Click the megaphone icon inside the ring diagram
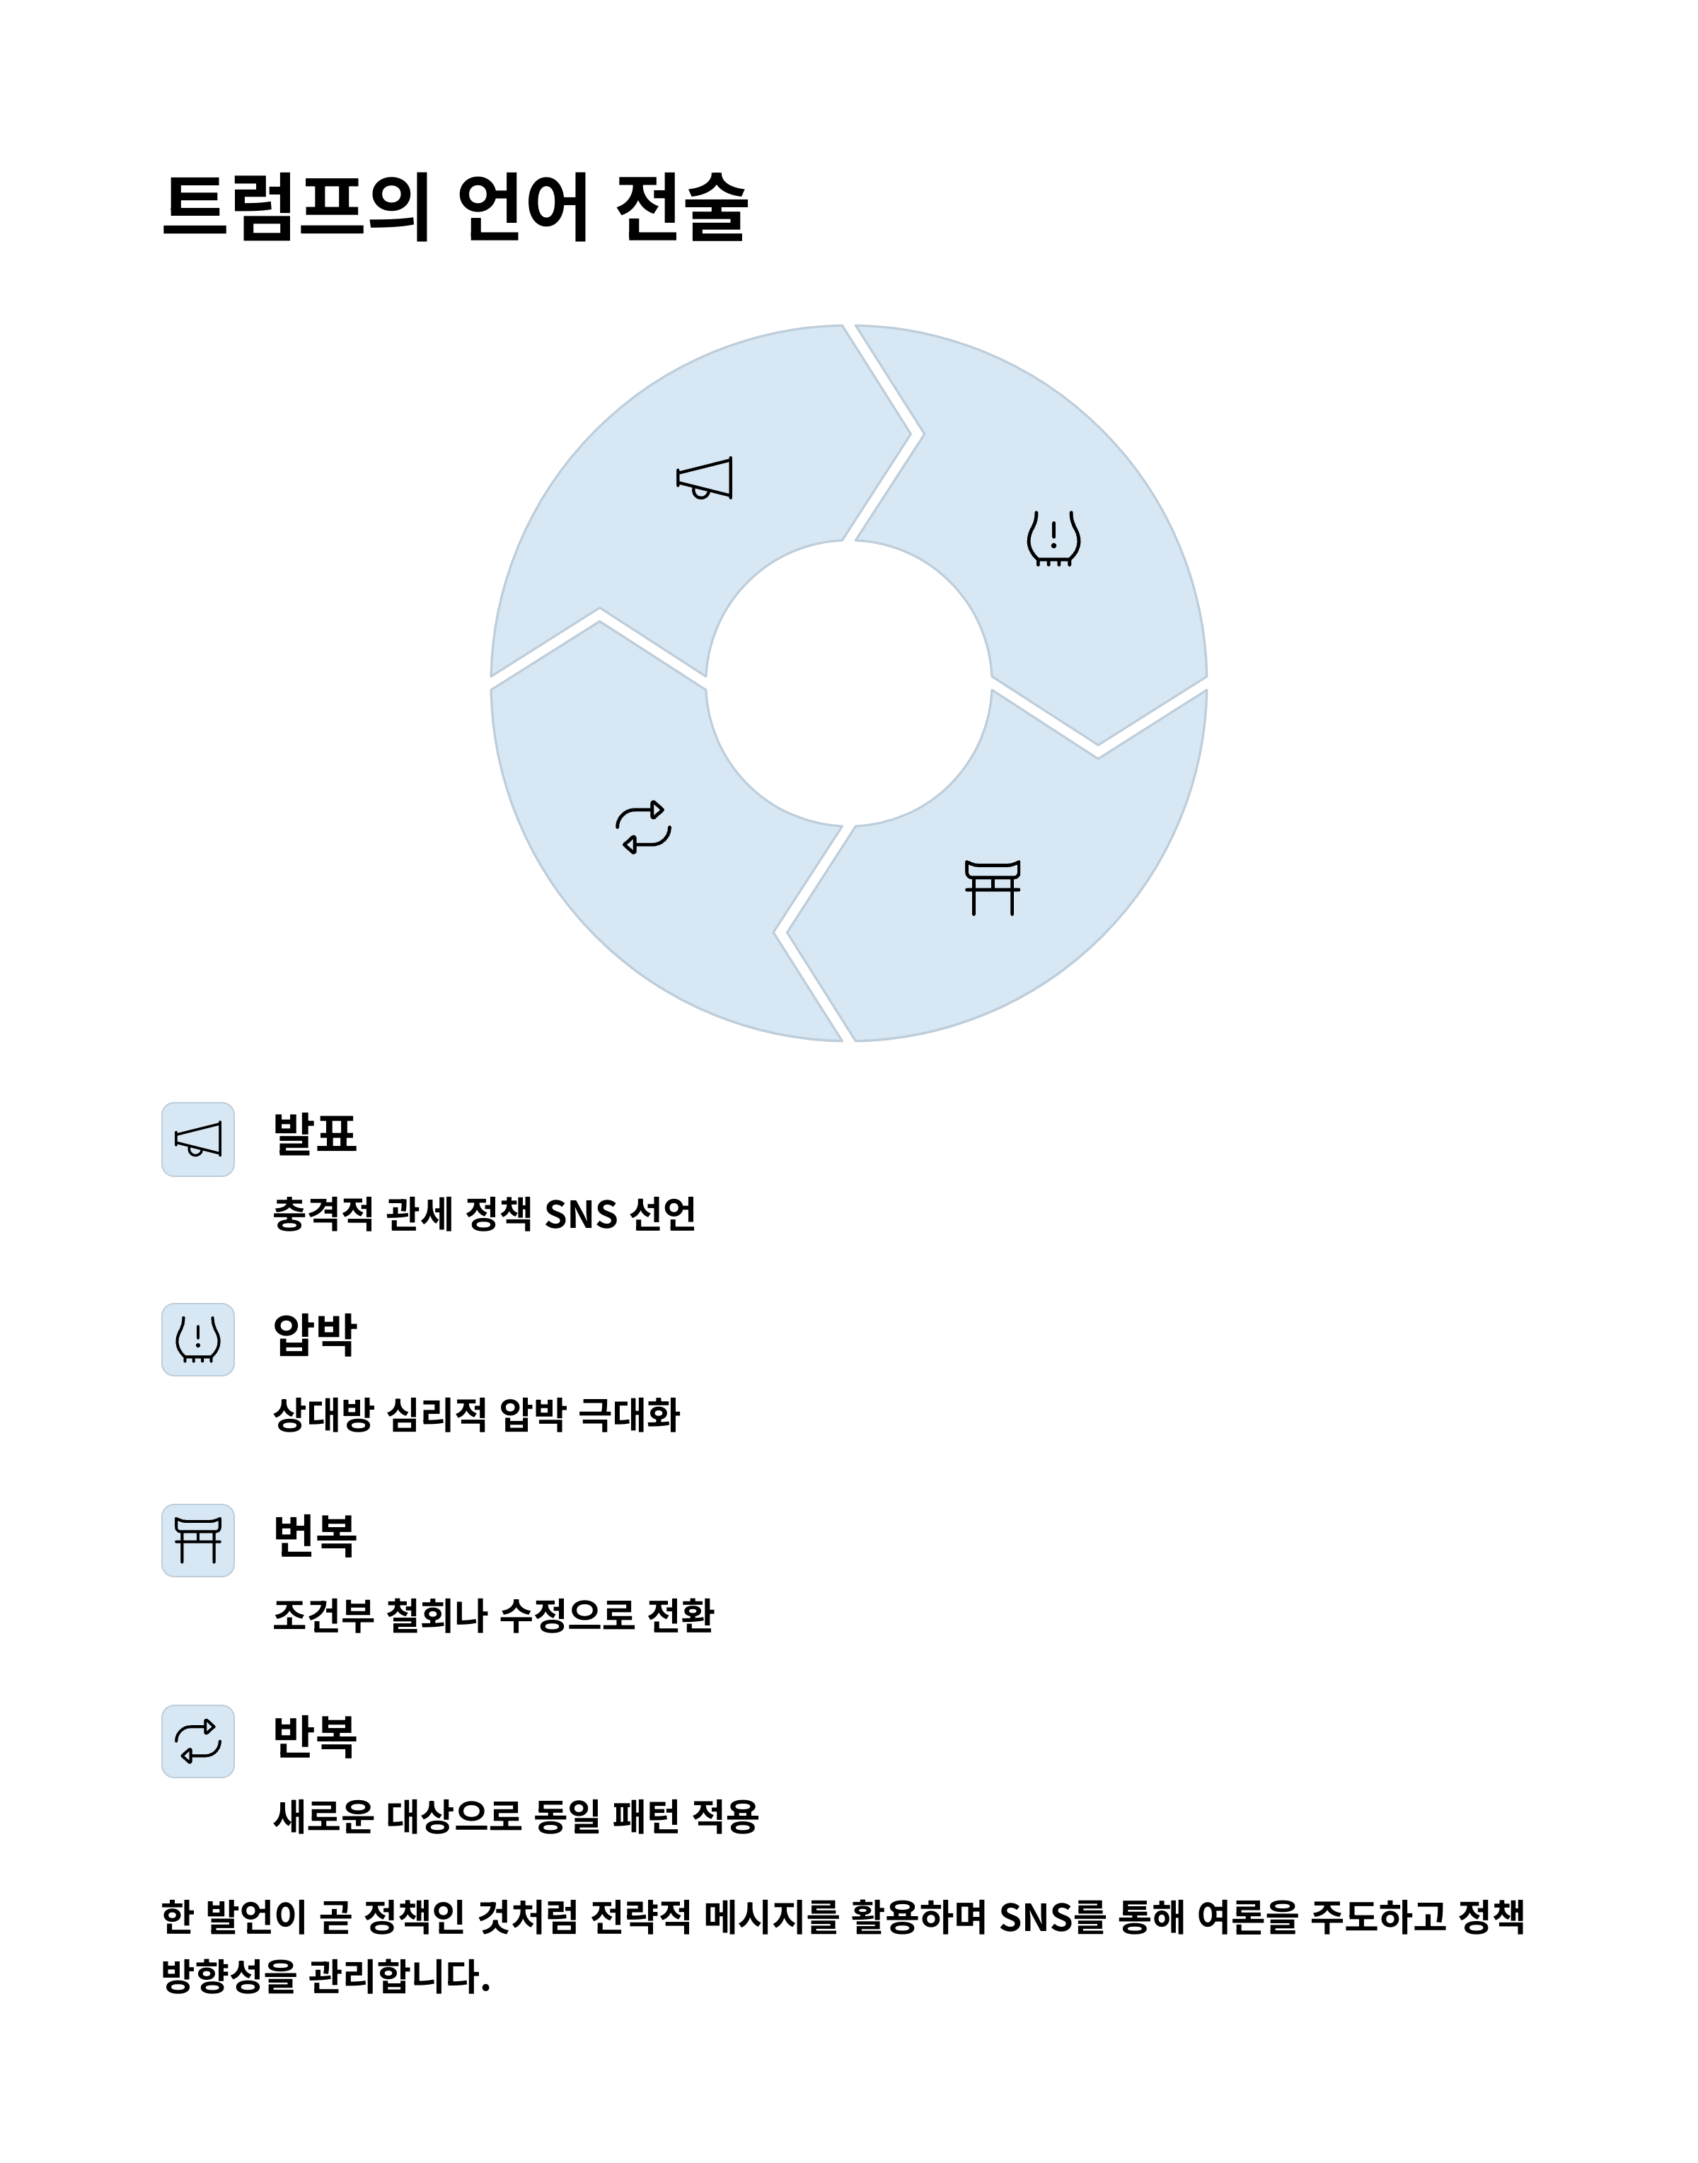point(704,478)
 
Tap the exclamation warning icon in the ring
point(1053,539)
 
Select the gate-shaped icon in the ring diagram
point(992,887)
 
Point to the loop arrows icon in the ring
point(643,827)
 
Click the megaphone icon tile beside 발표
point(198,1140)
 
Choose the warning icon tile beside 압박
point(198,1339)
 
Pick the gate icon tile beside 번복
point(198,1540)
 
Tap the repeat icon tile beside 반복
point(198,1741)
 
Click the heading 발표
point(314,1134)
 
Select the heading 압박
point(314,1335)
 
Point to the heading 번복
point(314,1536)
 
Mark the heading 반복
point(314,1736)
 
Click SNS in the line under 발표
point(581,1214)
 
